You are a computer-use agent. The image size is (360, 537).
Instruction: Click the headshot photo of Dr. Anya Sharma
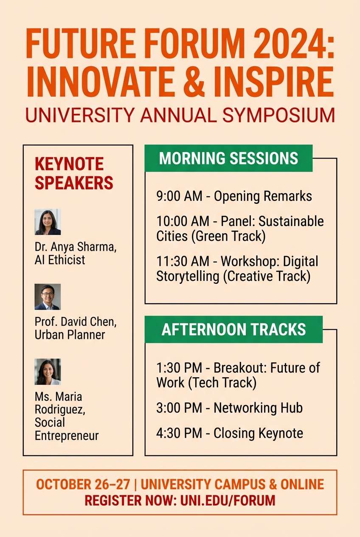[48, 222]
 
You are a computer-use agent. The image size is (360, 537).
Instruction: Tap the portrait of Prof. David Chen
[48, 297]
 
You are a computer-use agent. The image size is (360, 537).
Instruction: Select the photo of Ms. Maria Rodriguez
[48, 372]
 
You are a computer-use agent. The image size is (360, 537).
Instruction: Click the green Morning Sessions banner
[228, 158]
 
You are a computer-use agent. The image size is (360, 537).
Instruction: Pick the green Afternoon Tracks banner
[233, 330]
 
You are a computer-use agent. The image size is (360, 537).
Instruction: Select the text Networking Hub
[258, 408]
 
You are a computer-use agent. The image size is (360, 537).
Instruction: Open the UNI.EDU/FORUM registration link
[228, 500]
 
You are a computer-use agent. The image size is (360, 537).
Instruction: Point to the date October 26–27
[83, 484]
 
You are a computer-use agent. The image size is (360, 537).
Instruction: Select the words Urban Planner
[70, 335]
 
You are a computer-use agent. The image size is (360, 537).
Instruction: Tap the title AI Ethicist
[60, 260]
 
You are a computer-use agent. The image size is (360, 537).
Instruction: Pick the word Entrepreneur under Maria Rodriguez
[67, 435]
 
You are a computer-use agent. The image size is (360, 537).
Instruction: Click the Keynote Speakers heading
[74, 173]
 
